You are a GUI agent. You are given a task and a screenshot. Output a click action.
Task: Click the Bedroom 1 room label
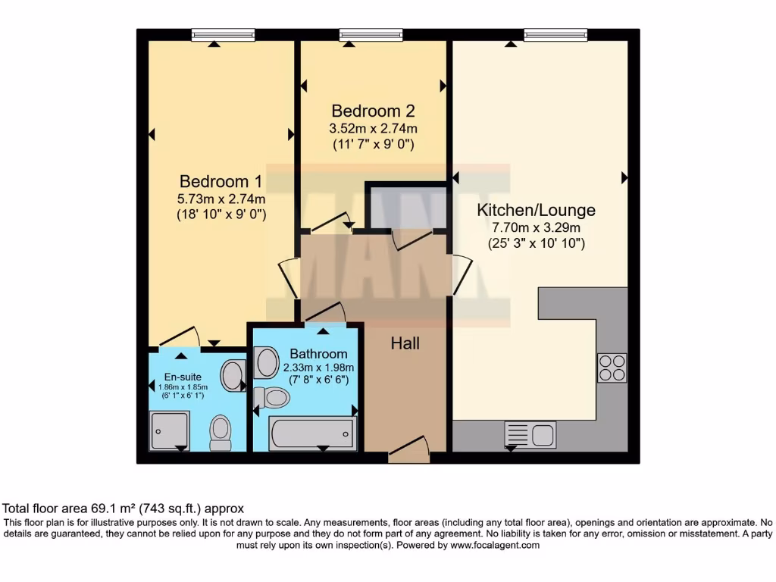click(221, 182)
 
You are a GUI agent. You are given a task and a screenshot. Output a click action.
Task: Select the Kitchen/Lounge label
click(536, 210)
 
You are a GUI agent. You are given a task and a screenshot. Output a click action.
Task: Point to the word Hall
click(405, 343)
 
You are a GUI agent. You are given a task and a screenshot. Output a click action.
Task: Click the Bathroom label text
click(318, 354)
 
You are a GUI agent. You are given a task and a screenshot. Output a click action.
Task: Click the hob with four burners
click(612, 368)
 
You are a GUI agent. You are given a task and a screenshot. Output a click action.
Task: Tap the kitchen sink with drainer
click(530, 435)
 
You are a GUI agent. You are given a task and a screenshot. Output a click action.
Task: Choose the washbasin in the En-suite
click(233, 374)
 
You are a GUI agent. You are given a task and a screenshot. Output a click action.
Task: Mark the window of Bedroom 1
click(223, 35)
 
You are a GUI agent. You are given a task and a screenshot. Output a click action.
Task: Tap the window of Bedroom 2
click(371, 35)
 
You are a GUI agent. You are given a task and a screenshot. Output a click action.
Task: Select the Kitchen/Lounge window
click(555, 35)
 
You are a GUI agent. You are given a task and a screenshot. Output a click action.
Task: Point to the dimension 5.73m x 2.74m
click(221, 199)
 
